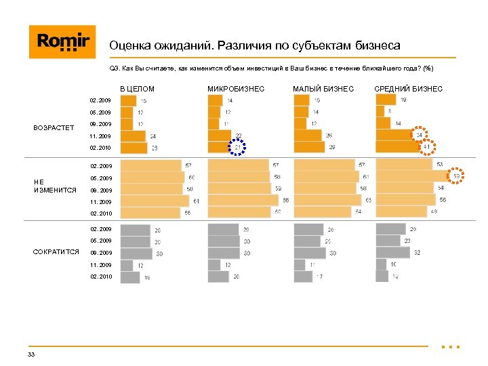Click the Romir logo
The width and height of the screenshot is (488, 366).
coord(62,41)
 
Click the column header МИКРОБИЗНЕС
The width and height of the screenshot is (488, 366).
coord(236,89)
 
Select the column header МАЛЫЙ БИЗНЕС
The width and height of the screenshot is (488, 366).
coord(323,89)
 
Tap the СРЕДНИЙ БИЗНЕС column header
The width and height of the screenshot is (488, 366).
coord(409,89)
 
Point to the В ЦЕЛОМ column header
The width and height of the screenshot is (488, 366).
coord(138,89)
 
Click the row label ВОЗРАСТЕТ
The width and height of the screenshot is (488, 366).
coord(53,127)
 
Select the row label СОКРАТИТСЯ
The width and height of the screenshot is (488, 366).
coord(56,252)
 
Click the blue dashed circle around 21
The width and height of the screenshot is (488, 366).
coord(238,148)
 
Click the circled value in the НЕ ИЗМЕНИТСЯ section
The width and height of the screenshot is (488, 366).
coord(456,176)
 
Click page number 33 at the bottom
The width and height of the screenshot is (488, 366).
coord(31,354)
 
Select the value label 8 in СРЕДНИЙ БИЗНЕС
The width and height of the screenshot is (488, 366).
coord(390,111)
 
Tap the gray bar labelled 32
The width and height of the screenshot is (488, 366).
coord(393,252)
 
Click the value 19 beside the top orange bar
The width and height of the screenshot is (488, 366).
coord(403,100)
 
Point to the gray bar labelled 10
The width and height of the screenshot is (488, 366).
coord(382,264)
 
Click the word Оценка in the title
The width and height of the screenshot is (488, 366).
coord(129,46)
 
